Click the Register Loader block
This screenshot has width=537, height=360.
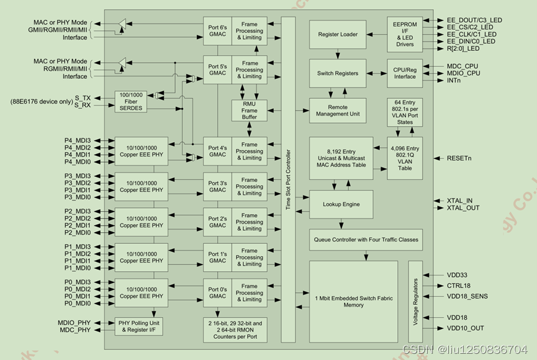338,34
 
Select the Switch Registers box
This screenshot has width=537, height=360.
338,73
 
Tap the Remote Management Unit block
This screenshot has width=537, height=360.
338,110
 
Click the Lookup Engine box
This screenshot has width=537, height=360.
341,204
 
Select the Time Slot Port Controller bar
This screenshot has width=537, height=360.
288,179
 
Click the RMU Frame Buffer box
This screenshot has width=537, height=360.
250,110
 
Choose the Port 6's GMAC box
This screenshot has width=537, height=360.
217,31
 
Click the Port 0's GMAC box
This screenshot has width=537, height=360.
217,293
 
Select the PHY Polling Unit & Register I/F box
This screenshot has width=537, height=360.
140,326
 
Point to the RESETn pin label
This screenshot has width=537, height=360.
459,158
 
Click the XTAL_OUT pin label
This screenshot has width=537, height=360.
463,208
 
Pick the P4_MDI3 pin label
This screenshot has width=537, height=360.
78,140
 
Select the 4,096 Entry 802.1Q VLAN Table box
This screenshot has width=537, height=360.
405,158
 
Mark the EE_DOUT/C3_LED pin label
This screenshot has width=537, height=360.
474,20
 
